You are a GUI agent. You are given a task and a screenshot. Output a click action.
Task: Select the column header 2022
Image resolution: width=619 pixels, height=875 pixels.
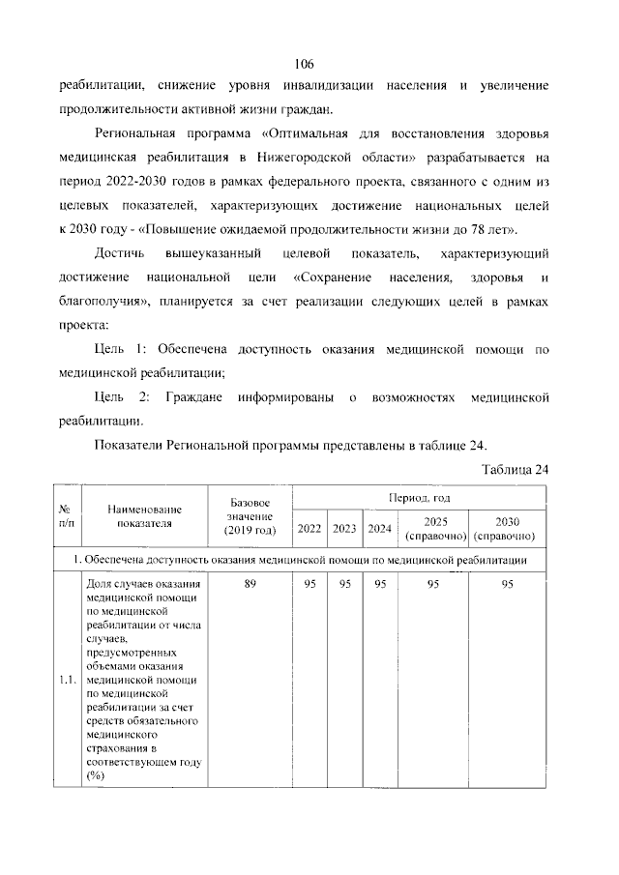click(x=309, y=529)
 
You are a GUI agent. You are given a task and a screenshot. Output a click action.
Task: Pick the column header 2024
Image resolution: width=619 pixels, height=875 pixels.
click(x=380, y=529)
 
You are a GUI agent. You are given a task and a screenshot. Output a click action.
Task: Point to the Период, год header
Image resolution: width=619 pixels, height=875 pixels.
click(x=419, y=497)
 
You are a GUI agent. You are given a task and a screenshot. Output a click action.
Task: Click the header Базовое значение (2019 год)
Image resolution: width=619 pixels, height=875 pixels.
click(x=250, y=517)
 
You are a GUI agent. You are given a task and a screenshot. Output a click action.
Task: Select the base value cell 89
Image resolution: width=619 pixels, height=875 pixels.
click(x=250, y=584)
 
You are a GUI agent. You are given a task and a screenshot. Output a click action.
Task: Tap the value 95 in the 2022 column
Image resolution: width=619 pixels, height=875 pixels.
click(x=309, y=584)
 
